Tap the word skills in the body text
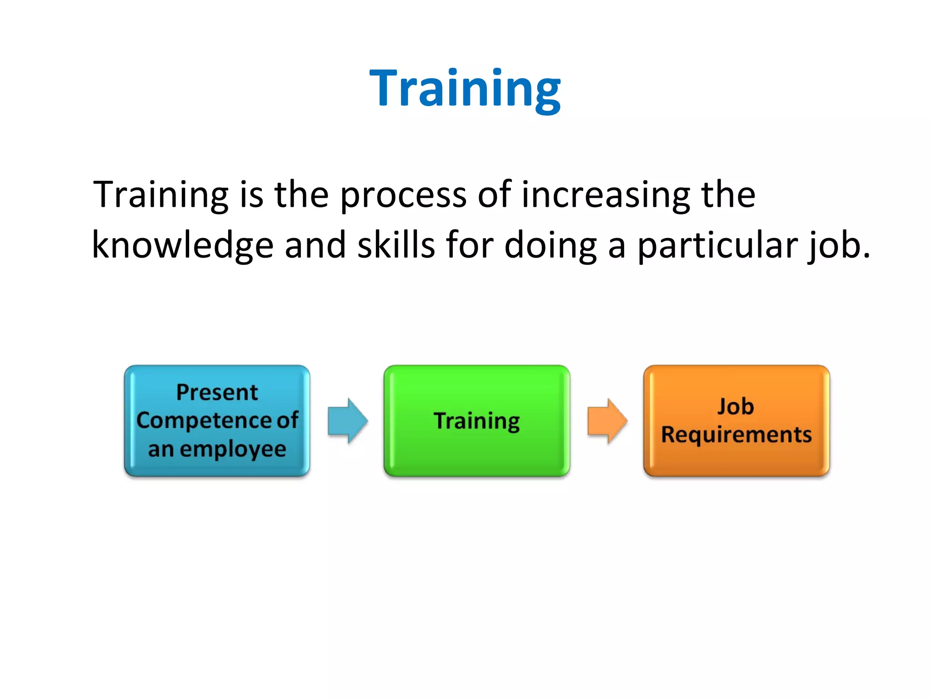[x=396, y=245]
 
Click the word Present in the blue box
[x=217, y=392]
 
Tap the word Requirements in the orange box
[x=736, y=434]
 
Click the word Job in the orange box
[x=736, y=406]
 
